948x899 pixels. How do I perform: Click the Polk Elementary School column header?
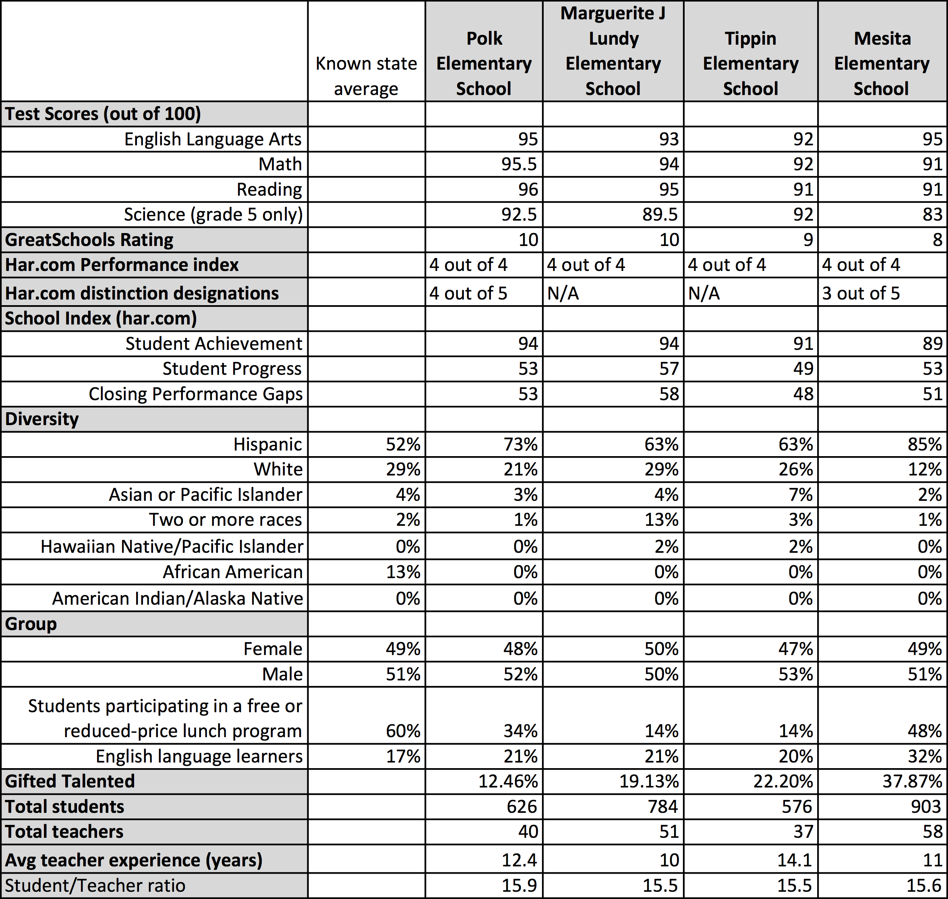click(x=484, y=63)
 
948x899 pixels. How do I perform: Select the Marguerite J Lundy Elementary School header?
click(x=613, y=51)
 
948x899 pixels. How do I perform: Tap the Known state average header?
click(x=366, y=76)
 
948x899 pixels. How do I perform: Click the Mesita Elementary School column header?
click(x=882, y=63)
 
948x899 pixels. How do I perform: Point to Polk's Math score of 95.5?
click(x=519, y=164)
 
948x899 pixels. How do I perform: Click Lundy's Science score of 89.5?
click(x=660, y=214)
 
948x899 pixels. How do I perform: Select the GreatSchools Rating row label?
click(x=89, y=240)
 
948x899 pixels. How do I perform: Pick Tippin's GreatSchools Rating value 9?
click(x=807, y=240)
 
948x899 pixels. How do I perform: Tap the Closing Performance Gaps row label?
click(x=196, y=394)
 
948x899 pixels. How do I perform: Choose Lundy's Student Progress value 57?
click(x=669, y=368)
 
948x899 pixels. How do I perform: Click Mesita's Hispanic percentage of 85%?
click(x=925, y=444)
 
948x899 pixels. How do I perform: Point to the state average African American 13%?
click(x=403, y=572)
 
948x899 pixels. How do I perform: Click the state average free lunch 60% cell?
click(x=403, y=731)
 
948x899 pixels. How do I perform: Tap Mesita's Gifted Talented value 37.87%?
click(x=912, y=781)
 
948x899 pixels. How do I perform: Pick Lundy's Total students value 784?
click(x=663, y=806)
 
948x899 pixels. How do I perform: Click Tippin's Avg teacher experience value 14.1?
click(x=794, y=860)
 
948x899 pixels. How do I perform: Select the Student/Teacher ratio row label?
click(x=95, y=886)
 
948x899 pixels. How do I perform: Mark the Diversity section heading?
click(x=42, y=419)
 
